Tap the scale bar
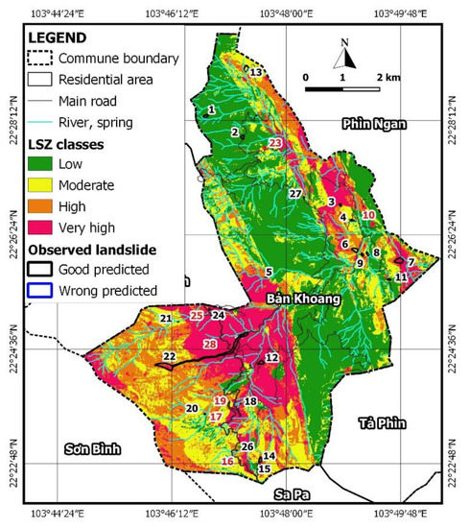343,87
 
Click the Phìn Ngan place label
375,124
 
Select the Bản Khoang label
304,300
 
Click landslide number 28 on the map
210,343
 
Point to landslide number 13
256,72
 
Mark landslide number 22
170,356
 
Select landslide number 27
295,194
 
